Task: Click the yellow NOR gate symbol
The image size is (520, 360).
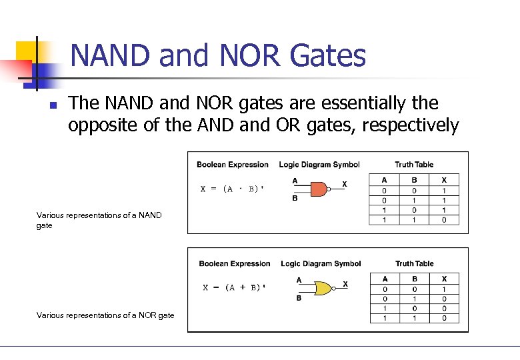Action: [323, 288]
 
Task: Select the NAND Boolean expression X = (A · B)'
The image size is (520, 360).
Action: [233, 189]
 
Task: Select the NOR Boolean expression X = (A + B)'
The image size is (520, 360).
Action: [234, 288]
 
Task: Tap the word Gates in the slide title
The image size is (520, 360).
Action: [328, 56]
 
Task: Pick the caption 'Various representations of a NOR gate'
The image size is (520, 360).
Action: [105, 315]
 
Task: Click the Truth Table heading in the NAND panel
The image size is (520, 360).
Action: [413, 165]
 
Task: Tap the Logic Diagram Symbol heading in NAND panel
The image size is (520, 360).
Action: [319, 165]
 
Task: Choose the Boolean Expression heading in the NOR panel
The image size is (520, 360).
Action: [235, 263]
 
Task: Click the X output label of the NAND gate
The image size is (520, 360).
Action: [344, 183]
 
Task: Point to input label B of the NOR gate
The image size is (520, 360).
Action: [299, 298]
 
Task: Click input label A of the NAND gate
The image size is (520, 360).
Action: [295, 181]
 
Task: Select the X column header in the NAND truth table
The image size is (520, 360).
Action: [445, 180]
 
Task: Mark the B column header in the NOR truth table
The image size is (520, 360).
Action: [414, 279]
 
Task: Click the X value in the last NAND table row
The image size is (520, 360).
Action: [445, 220]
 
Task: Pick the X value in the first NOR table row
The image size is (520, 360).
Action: [445, 289]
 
